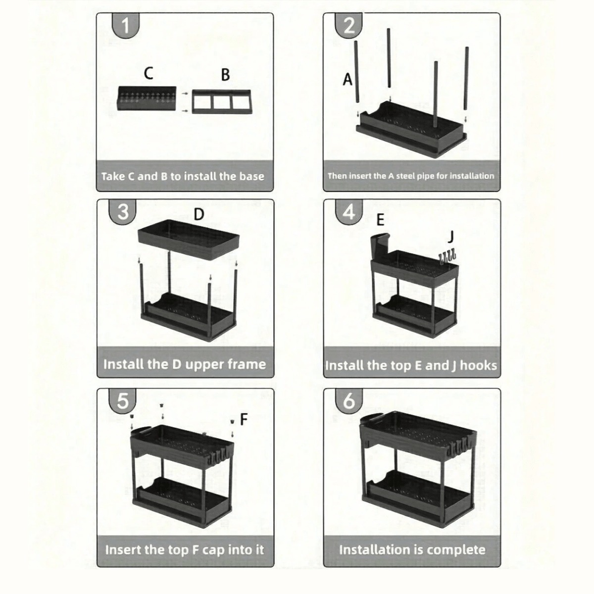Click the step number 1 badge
coord(125,25)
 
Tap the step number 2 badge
coord(348,25)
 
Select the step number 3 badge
coord(123,212)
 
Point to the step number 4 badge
coord(348,212)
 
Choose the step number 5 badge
coord(123,401)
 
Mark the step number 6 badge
coord(348,401)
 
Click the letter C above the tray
coord(148,73)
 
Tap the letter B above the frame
coord(225,75)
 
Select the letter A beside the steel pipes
coord(347,79)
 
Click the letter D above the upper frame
coord(199,214)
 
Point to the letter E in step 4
coord(381,220)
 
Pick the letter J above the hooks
coord(450,237)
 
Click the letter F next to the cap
coord(244,419)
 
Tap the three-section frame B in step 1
coord(222,102)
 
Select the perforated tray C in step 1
coord(147,98)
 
